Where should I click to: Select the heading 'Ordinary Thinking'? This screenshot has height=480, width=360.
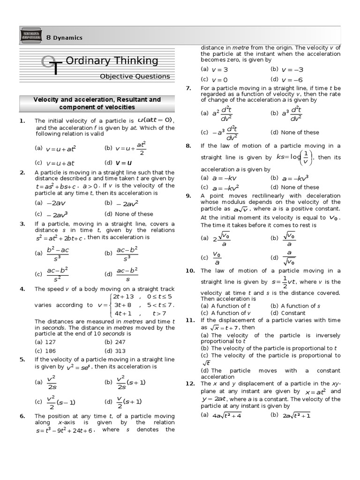click(112, 60)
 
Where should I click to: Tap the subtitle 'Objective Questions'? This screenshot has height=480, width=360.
click(135, 76)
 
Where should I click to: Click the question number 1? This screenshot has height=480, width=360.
click(22, 121)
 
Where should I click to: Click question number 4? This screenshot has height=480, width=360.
click(22, 289)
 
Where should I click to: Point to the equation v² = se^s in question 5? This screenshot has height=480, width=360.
click(78, 367)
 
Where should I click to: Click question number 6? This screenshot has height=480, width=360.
click(22, 416)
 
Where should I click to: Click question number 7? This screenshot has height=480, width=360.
click(188, 88)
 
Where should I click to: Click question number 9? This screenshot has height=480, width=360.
click(188, 195)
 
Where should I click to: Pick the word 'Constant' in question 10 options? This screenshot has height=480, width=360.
click(293, 313)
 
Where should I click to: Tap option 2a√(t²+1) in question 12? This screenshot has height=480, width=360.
click(296, 415)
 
